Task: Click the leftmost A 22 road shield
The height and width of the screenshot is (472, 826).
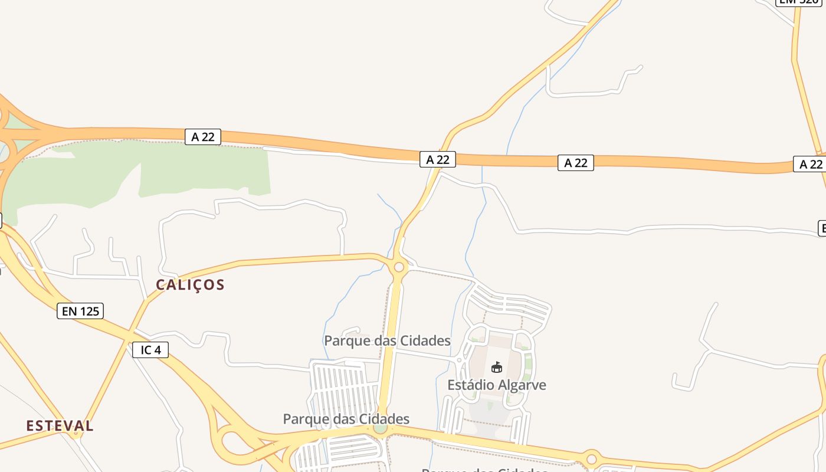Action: click(203, 137)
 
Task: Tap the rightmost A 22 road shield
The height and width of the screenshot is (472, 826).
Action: click(811, 164)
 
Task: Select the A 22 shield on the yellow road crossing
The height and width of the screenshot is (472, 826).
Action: click(438, 159)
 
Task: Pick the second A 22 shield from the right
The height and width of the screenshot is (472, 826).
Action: click(575, 163)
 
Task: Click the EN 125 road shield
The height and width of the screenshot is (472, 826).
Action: click(80, 311)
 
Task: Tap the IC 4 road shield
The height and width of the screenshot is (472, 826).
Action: click(150, 350)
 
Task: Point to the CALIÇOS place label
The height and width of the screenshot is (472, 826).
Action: click(190, 285)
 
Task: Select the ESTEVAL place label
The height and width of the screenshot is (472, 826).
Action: click(60, 425)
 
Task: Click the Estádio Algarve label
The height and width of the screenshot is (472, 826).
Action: click(496, 385)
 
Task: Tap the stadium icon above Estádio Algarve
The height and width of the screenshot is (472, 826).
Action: click(496, 368)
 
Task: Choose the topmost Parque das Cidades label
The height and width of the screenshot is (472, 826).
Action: click(387, 340)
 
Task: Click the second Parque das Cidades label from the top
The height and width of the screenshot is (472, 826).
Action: click(346, 419)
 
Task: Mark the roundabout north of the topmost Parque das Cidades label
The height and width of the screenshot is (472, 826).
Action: click(399, 267)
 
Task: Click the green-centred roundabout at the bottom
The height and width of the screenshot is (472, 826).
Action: click(381, 427)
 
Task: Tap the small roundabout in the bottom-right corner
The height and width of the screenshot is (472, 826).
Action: click(591, 458)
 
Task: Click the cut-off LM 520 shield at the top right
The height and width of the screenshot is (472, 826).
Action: click(798, 2)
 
